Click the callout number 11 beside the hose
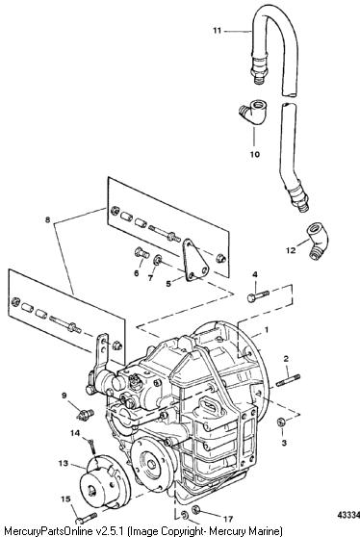coord(217,31)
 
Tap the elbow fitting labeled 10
coord(253,112)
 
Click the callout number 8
coord(47,219)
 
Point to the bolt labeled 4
coord(259,296)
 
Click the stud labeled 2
coord(288,380)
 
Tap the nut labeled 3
coord(281,422)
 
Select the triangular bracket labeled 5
coord(194,261)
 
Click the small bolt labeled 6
coord(141,253)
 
